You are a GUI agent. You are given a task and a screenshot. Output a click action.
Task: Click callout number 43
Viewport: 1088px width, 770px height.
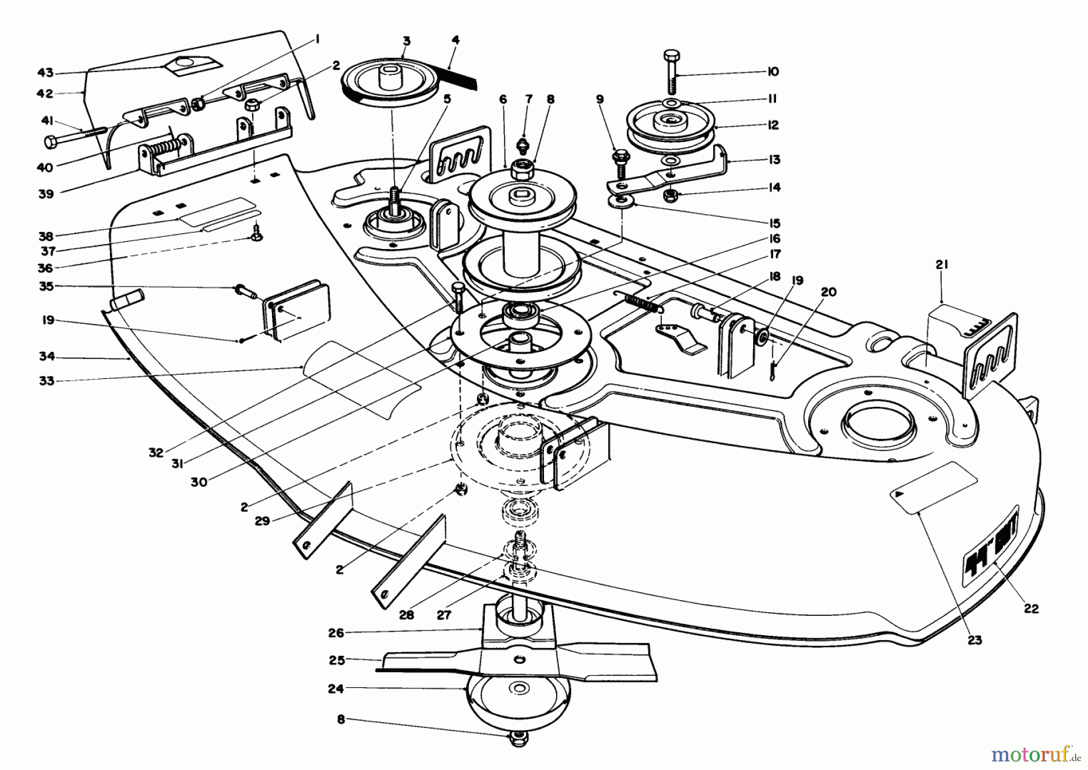pos(45,73)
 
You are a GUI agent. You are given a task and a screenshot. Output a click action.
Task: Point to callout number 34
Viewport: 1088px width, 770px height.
pos(47,357)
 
